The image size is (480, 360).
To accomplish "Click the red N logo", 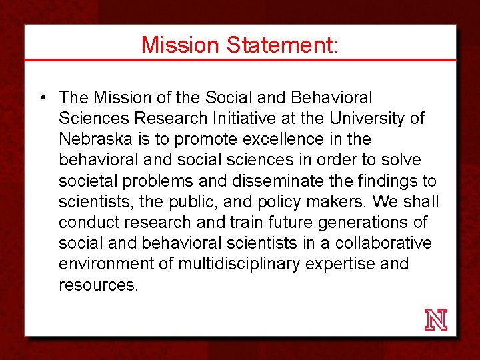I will point(436,320).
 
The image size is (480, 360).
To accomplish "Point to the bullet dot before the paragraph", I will point(42,99).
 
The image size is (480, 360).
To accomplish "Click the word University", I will point(366,119).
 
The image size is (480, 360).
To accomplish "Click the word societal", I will point(83,181).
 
